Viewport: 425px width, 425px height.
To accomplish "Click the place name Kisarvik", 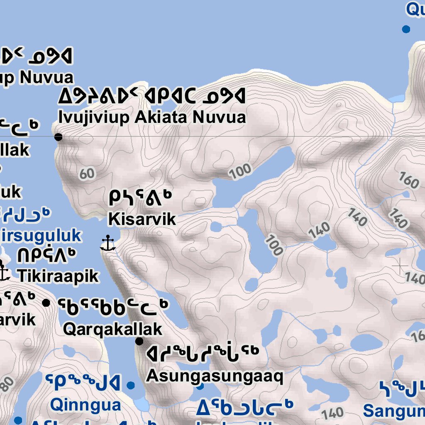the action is (142, 219).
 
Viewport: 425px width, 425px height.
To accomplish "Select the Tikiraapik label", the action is (58, 276).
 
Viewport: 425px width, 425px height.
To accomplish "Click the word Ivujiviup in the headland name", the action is (94, 117).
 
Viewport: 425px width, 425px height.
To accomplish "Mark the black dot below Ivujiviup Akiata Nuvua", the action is (59, 137).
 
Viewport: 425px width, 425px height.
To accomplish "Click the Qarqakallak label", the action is (112, 329).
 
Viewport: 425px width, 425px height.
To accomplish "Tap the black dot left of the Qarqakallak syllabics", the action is (46, 303).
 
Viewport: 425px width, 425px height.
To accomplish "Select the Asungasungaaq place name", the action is (215, 376).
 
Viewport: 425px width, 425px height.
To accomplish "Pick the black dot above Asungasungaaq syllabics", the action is (139, 341).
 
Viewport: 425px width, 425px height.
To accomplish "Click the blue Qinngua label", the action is (85, 404).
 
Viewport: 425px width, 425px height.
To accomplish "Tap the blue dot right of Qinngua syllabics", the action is (131, 385).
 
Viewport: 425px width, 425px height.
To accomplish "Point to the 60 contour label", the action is (87, 173).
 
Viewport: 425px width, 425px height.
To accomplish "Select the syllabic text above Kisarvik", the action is (140, 198).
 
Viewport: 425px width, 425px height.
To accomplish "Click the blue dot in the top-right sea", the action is (406, 29).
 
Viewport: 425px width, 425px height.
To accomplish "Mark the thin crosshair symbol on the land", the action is (400, 266).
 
